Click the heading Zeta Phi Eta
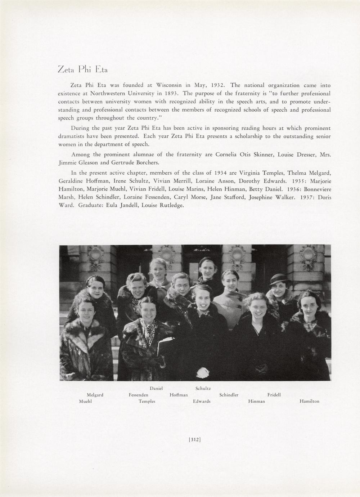click(82, 69)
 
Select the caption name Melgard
click(95, 395)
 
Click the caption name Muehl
click(85, 402)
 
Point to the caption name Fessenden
click(139, 395)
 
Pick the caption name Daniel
click(156, 389)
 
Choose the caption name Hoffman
click(179, 395)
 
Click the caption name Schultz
click(203, 389)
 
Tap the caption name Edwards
click(202, 402)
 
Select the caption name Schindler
click(229, 395)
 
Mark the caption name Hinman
click(257, 402)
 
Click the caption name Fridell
click(274, 395)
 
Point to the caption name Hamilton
click(309, 402)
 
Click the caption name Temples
click(147, 402)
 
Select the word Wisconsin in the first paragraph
click(169, 85)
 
